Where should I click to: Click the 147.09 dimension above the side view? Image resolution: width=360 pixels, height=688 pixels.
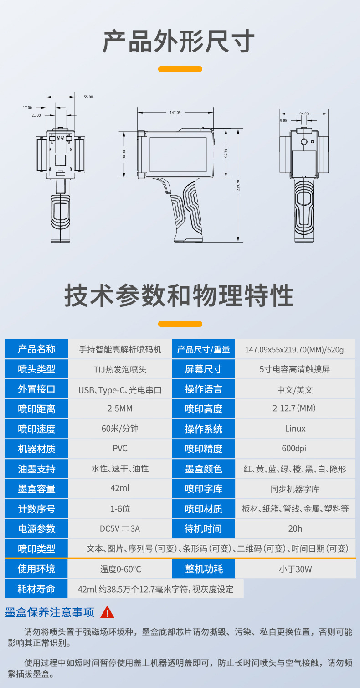click(175, 113)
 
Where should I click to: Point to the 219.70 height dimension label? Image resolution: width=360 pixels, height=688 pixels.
click(238, 185)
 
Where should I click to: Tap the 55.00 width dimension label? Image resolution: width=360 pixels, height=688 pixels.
click(88, 97)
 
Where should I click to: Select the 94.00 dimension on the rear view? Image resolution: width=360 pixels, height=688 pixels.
click(304, 114)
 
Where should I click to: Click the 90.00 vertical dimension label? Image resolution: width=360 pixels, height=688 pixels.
click(124, 155)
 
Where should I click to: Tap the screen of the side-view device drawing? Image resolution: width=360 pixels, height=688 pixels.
click(178, 155)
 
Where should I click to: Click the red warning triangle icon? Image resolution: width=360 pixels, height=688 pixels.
click(107, 612)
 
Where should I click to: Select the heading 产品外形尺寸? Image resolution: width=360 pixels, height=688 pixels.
click(179, 41)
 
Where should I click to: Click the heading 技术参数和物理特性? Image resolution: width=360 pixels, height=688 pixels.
click(179, 295)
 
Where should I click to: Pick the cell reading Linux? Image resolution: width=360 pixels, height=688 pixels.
click(295, 429)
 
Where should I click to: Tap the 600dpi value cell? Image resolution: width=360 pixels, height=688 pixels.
click(294, 449)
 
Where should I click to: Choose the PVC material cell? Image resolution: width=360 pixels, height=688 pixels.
click(120, 449)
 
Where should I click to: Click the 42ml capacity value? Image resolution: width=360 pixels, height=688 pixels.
click(120, 488)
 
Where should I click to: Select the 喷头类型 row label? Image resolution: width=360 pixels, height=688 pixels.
click(36, 369)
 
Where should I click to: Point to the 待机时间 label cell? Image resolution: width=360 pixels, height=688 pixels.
click(203, 528)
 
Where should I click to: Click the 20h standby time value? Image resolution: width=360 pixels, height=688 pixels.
click(295, 528)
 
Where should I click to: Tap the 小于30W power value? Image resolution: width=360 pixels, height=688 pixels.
click(295, 569)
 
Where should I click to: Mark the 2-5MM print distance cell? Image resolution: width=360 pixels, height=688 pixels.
click(120, 409)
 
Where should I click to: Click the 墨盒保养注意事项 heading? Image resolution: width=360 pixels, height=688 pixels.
click(49, 612)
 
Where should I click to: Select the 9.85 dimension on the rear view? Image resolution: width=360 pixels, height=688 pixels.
click(283, 121)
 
